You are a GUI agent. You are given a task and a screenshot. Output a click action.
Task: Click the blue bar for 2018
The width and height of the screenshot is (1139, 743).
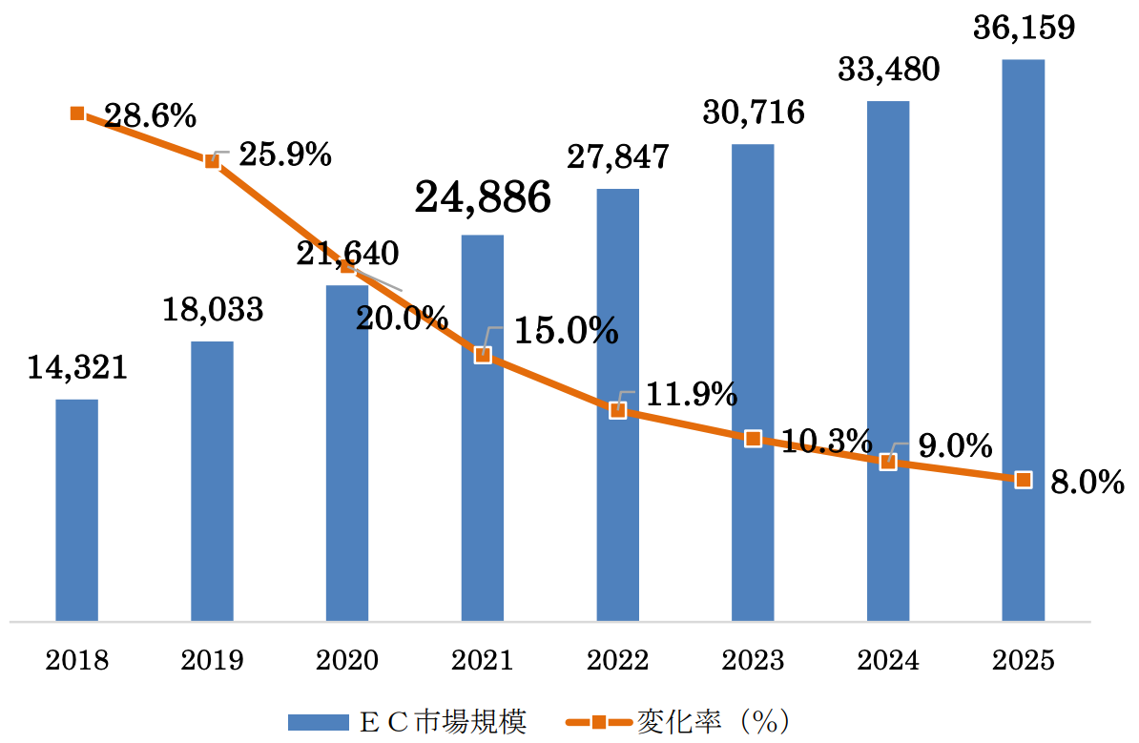[x=76, y=510]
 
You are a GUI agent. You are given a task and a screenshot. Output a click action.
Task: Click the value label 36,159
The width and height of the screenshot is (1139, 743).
[x=1024, y=27]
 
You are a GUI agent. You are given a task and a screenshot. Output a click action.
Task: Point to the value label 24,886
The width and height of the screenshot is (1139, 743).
[x=483, y=197]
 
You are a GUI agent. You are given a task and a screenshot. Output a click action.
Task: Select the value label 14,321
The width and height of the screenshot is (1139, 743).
[x=76, y=367]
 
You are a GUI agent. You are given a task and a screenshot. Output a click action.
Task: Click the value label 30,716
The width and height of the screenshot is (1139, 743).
[x=753, y=113]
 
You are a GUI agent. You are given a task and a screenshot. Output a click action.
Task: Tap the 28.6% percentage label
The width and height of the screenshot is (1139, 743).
[x=150, y=117]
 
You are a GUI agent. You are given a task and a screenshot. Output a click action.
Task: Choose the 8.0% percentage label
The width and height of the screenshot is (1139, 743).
[x=1087, y=483]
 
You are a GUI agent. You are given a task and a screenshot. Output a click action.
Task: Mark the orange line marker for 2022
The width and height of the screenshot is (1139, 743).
[x=617, y=410]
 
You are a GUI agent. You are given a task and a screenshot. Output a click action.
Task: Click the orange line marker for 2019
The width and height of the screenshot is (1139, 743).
[x=212, y=160]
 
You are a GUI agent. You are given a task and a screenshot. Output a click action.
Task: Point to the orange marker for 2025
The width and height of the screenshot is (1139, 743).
[x=1023, y=479]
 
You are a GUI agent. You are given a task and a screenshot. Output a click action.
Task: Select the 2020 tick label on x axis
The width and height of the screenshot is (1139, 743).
[x=347, y=660]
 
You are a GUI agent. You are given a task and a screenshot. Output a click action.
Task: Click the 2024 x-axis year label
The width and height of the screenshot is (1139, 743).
[x=887, y=660]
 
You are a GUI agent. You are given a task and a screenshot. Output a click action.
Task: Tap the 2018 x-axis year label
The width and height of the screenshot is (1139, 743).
[x=76, y=660]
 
